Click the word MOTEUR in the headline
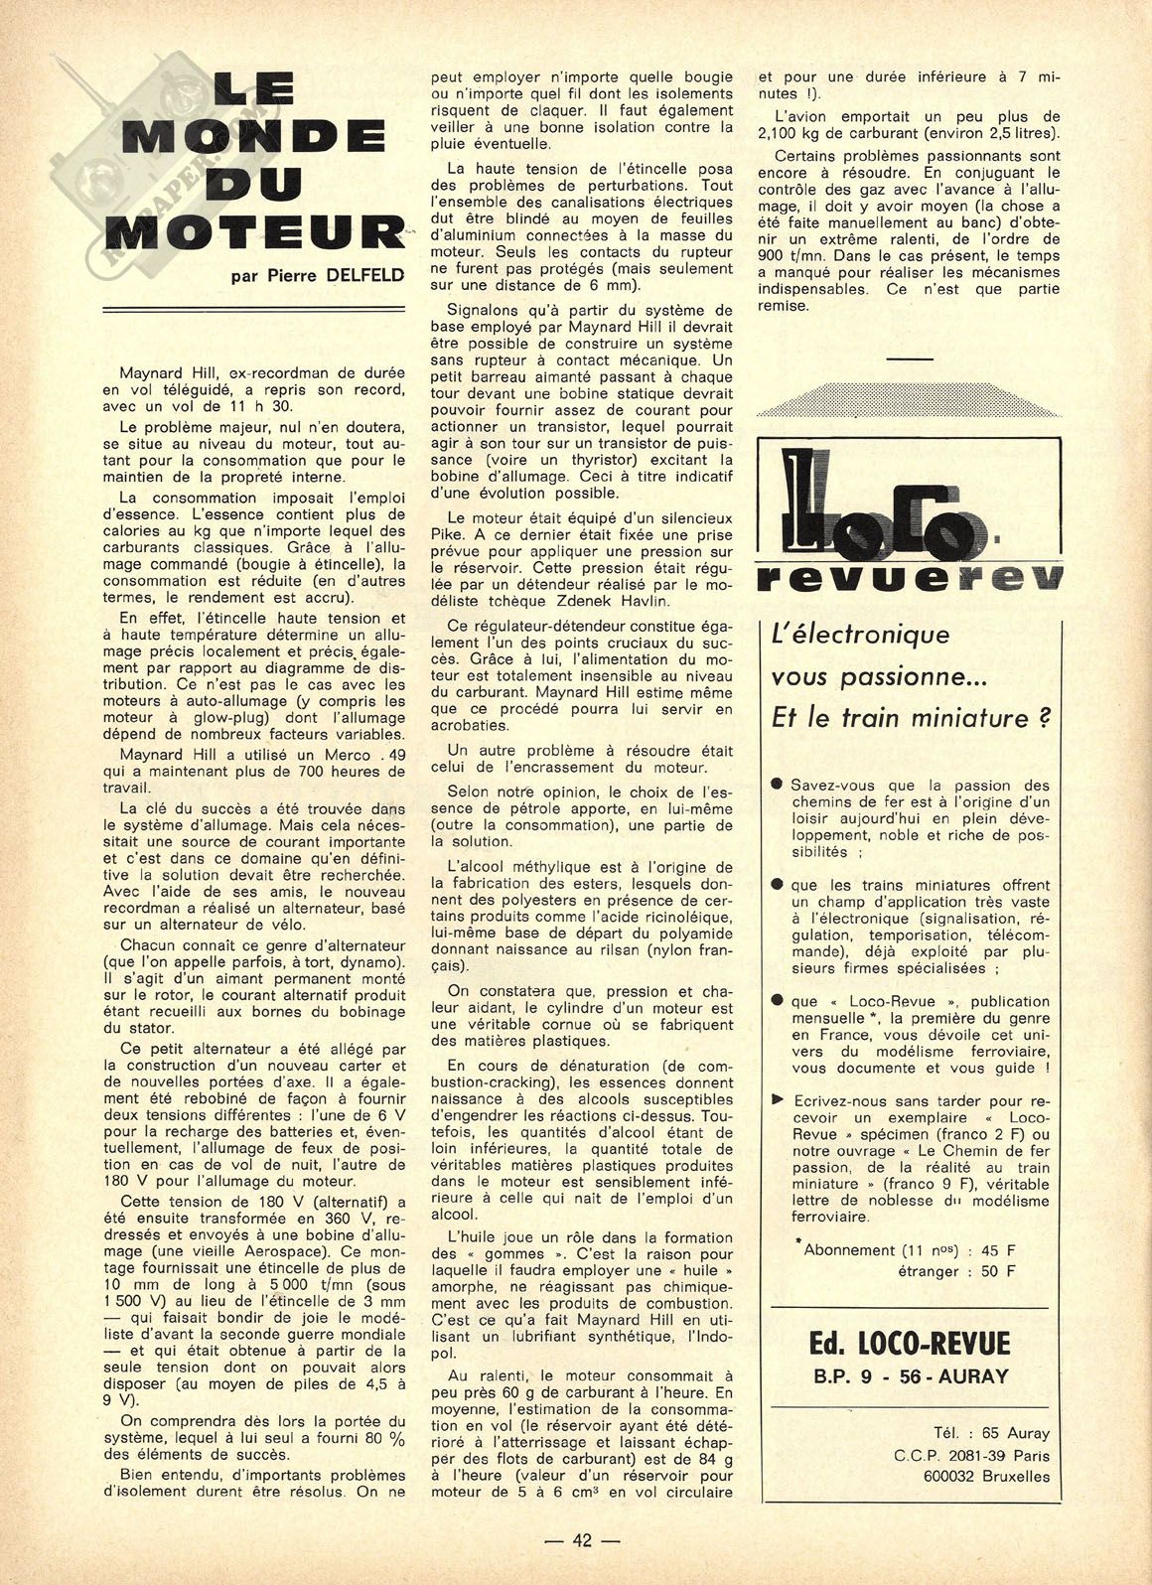tap(254, 231)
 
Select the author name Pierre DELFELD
tap(318, 275)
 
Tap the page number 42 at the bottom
tap(582, 1540)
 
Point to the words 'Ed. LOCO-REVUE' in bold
tap(908, 1345)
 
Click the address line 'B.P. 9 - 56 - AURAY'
tap(908, 1375)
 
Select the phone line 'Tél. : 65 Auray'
tap(976, 1433)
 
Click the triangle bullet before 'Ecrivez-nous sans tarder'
tap(778, 1101)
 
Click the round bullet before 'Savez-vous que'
tap(778, 785)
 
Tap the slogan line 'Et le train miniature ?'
tap(910, 717)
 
